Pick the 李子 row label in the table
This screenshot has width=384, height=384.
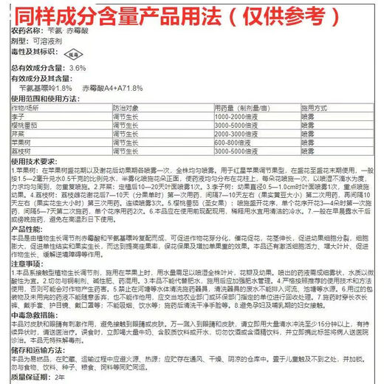tap(18, 117)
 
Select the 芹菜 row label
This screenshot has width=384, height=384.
tap(18, 134)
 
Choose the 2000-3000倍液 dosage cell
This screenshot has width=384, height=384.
tap(236, 134)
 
